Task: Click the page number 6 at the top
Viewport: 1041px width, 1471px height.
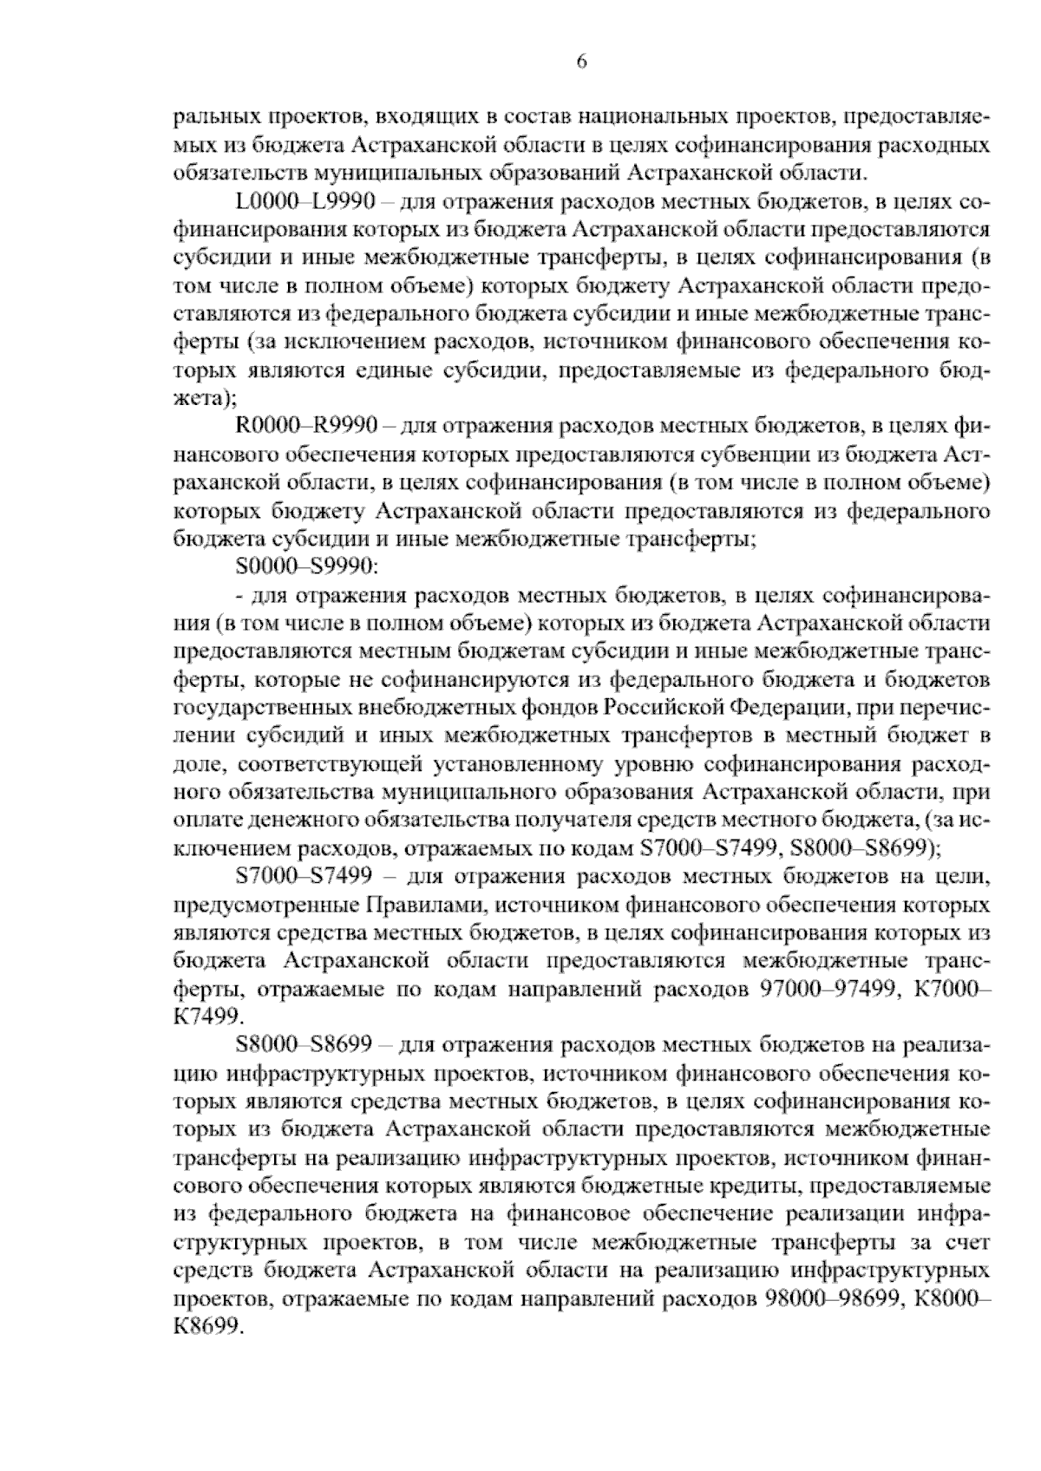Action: (582, 62)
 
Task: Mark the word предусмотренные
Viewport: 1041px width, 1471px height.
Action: (261, 906)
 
